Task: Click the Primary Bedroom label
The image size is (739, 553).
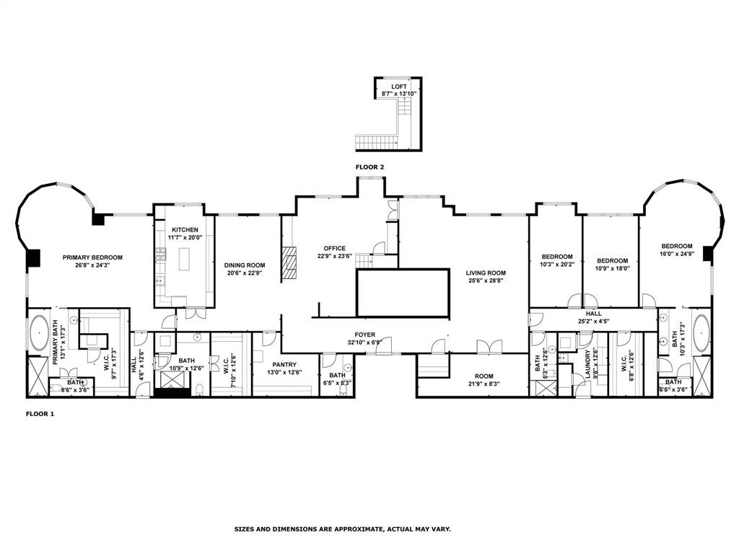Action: click(x=92, y=257)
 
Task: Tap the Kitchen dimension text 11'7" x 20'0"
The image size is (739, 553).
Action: click(x=184, y=237)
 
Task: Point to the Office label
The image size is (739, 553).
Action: click(x=335, y=248)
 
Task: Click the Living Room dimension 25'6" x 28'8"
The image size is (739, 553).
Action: click(x=486, y=281)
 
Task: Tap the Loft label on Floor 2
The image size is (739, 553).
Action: click(x=399, y=87)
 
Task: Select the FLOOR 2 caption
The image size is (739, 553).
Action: click(x=369, y=167)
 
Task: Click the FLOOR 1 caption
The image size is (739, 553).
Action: click(x=40, y=414)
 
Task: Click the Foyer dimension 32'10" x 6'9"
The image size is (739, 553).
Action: click(x=364, y=342)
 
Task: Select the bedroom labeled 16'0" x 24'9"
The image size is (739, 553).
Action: click(x=677, y=246)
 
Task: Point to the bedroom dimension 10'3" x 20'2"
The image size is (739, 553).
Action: click(x=557, y=265)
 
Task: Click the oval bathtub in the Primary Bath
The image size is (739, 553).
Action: click(x=38, y=333)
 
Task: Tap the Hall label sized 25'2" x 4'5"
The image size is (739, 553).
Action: click(x=593, y=314)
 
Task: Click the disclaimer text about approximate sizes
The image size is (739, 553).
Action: click(x=342, y=529)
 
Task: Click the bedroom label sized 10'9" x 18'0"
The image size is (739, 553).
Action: click(x=612, y=261)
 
